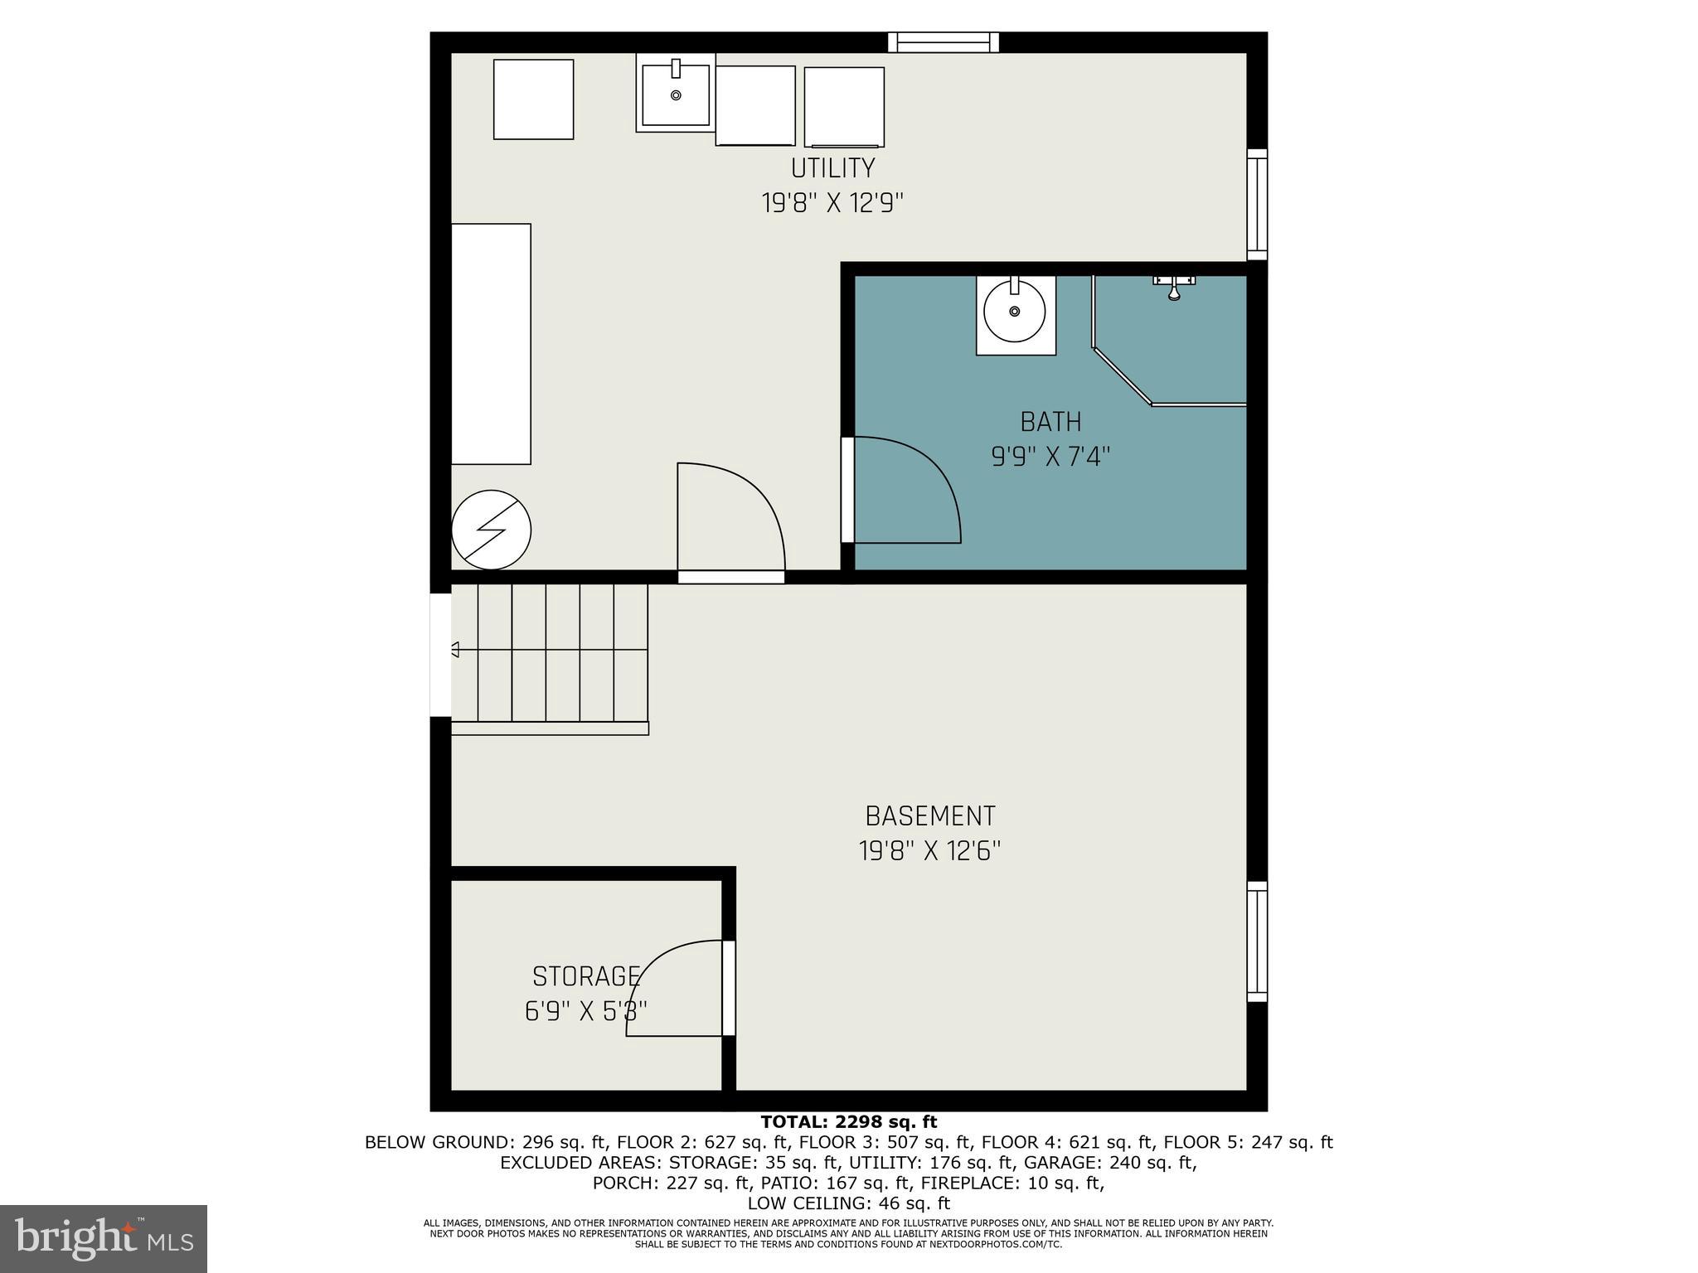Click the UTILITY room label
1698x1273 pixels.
(x=832, y=168)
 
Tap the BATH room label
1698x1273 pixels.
(x=1050, y=422)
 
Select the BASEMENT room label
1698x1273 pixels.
(x=929, y=816)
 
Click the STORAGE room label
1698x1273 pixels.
(x=586, y=976)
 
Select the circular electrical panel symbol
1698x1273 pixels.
(x=491, y=530)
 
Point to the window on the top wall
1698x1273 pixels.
(x=943, y=42)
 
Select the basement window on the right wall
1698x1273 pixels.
(x=1257, y=941)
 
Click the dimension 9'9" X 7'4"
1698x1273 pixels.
(x=1050, y=457)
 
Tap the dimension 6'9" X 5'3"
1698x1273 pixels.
(x=586, y=1011)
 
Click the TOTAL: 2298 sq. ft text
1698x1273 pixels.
(x=848, y=1122)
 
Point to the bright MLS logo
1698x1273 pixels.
(x=103, y=1238)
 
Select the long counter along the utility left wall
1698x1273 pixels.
(x=491, y=344)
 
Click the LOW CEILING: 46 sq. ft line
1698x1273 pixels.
(x=848, y=1203)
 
